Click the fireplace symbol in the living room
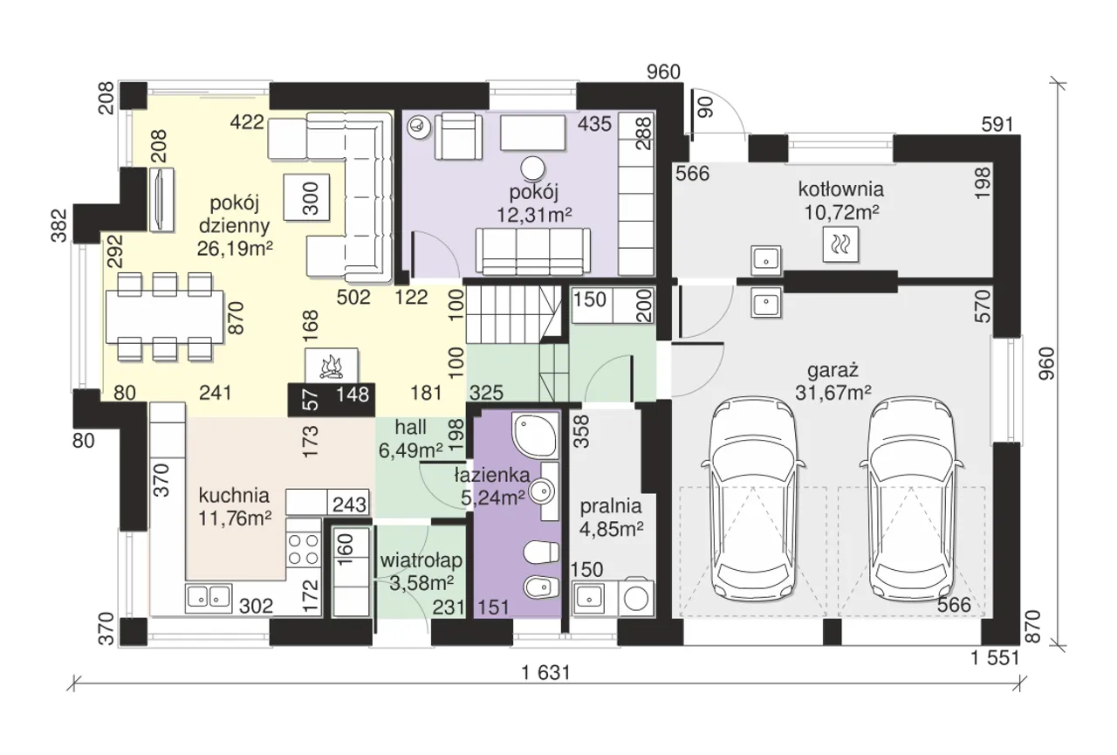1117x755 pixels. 332,366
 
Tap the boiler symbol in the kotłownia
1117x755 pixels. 840,244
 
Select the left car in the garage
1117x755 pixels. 753,499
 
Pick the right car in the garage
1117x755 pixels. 912,499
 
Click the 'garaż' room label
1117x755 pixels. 833,371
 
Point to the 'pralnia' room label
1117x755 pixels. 610,506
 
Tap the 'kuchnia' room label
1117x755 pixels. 234,496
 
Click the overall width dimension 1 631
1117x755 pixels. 545,673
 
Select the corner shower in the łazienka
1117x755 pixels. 535,435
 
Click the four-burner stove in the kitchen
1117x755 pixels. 304,550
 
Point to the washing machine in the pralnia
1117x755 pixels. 636,598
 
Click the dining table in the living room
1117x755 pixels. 165,317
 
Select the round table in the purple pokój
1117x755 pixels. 533,168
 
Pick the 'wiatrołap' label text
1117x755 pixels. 421,560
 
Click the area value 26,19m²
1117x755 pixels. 235,248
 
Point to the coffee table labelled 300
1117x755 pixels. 306,197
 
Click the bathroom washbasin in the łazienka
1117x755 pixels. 543,491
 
